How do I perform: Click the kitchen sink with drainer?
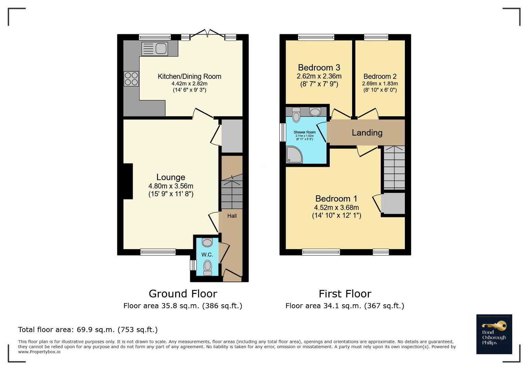pyautogui.click(x=155, y=49)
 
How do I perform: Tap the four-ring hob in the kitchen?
pyautogui.click(x=131, y=78)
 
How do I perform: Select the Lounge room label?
pyautogui.click(x=171, y=177)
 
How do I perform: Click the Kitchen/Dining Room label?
pyautogui.click(x=189, y=76)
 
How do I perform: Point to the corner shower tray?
pyautogui.click(x=294, y=155)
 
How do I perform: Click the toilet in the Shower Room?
pyautogui.click(x=296, y=115)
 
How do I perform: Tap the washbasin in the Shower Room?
pyautogui.click(x=315, y=111)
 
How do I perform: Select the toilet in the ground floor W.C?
pyautogui.click(x=207, y=268)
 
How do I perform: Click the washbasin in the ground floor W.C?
pyautogui.click(x=207, y=242)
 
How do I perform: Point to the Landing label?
pyautogui.click(x=367, y=133)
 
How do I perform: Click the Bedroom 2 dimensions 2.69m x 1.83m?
pyautogui.click(x=380, y=84)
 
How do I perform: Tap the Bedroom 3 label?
pyautogui.click(x=319, y=67)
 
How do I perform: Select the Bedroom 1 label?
pyautogui.click(x=336, y=199)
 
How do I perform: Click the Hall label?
pyautogui.click(x=232, y=216)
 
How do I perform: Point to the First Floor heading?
pyautogui.click(x=345, y=294)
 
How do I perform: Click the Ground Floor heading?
pyautogui.click(x=183, y=294)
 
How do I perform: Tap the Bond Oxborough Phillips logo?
pyautogui.click(x=494, y=334)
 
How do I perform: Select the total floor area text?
pyautogui.click(x=88, y=330)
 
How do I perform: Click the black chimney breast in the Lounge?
pyautogui.click(x=128, y=181)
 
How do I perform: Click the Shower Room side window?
pyautogui.click(x=283, y=132)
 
